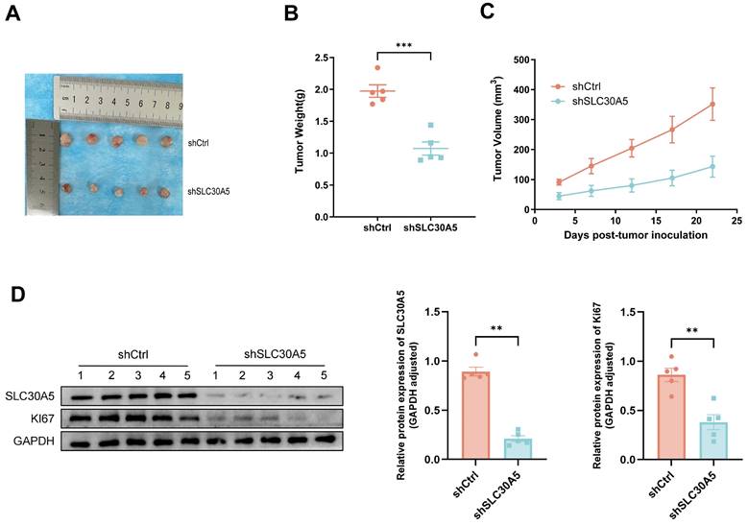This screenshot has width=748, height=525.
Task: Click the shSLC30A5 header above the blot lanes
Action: tap(264, 352)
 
